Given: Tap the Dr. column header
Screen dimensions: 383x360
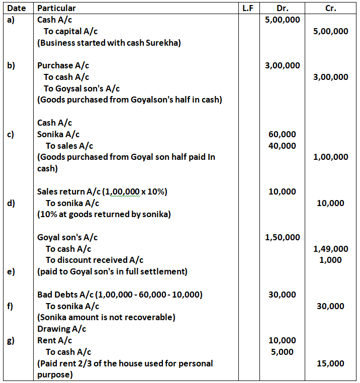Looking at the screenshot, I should (x=283, y=8).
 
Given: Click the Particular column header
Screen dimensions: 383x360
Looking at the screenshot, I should (x=56, y=8).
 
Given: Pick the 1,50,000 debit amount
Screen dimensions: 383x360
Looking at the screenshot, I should (x=282, y=237).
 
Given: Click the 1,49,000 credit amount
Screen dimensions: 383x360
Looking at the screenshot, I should (x=330, y=249).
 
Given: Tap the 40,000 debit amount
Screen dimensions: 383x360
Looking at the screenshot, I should (x=282, y=146).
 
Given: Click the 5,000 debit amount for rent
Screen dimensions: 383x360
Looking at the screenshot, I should (x=282, y=352).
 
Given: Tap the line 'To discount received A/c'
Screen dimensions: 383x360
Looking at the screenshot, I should (x=95, y=260).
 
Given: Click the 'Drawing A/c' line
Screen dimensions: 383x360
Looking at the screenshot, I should (x=61, y=329).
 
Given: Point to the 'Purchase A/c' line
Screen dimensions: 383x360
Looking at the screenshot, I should (x=63, y=65).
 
